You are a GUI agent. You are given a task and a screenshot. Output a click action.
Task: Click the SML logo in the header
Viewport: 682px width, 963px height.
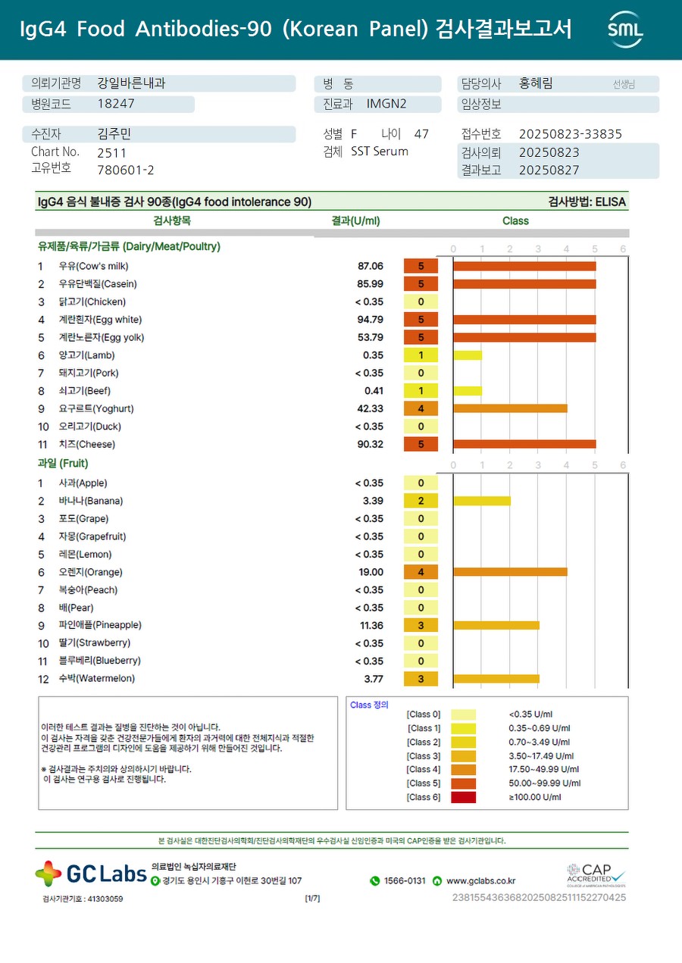coord(625,30)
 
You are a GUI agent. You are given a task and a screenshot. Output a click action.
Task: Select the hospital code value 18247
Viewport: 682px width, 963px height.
coord(116,105)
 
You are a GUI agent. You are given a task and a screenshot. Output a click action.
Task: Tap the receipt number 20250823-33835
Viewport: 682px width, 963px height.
coord(570,134)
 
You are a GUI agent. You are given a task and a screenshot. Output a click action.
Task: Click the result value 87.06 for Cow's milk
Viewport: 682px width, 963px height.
coord(370,266)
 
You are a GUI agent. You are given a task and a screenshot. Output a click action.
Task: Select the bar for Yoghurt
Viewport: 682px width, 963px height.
coord(510,408)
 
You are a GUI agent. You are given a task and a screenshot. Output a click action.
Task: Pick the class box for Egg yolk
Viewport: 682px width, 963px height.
coord(421,337)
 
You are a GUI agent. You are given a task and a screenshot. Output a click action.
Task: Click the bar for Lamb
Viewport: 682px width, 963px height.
coord(468,355)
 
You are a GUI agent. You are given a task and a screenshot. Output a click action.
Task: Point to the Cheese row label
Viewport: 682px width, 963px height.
coord(87,444)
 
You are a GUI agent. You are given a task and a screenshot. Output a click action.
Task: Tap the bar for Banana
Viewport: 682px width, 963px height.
coord(482,501)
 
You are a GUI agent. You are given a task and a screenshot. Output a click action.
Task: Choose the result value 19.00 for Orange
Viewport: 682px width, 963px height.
coord(371,572)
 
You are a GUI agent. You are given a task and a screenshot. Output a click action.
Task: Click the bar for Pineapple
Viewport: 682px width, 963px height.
coord(496,625)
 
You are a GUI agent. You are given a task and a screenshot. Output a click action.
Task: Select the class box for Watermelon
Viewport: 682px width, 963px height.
coord(421,679)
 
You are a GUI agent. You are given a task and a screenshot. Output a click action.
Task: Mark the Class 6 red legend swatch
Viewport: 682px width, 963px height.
coord(463,797)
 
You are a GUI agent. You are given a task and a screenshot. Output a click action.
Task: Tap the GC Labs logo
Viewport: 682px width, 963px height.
coord(91,874)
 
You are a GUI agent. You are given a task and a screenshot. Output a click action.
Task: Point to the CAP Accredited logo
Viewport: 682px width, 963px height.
coord(596,875)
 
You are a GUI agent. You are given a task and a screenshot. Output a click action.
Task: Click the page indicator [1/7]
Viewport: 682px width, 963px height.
coord(312,899)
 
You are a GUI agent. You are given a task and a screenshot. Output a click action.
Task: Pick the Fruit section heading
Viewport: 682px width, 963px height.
coord(63,463)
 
